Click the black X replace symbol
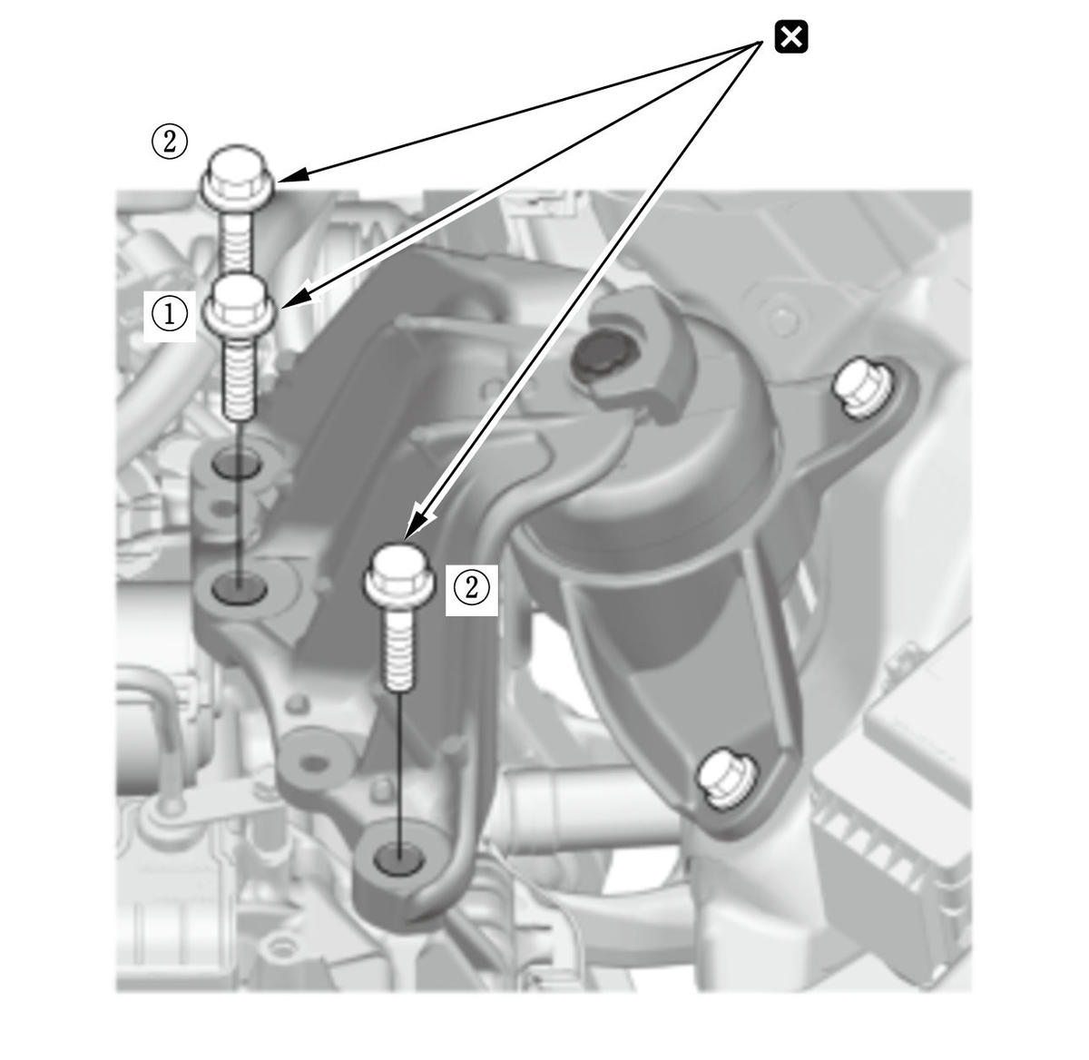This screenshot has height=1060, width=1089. point(790,37)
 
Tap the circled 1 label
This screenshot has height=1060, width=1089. point(170,315)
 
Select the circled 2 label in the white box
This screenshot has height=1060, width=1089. point(471,589)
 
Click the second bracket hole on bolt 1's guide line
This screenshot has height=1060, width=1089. point(239,589)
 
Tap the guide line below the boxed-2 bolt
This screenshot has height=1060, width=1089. point(399,773)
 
